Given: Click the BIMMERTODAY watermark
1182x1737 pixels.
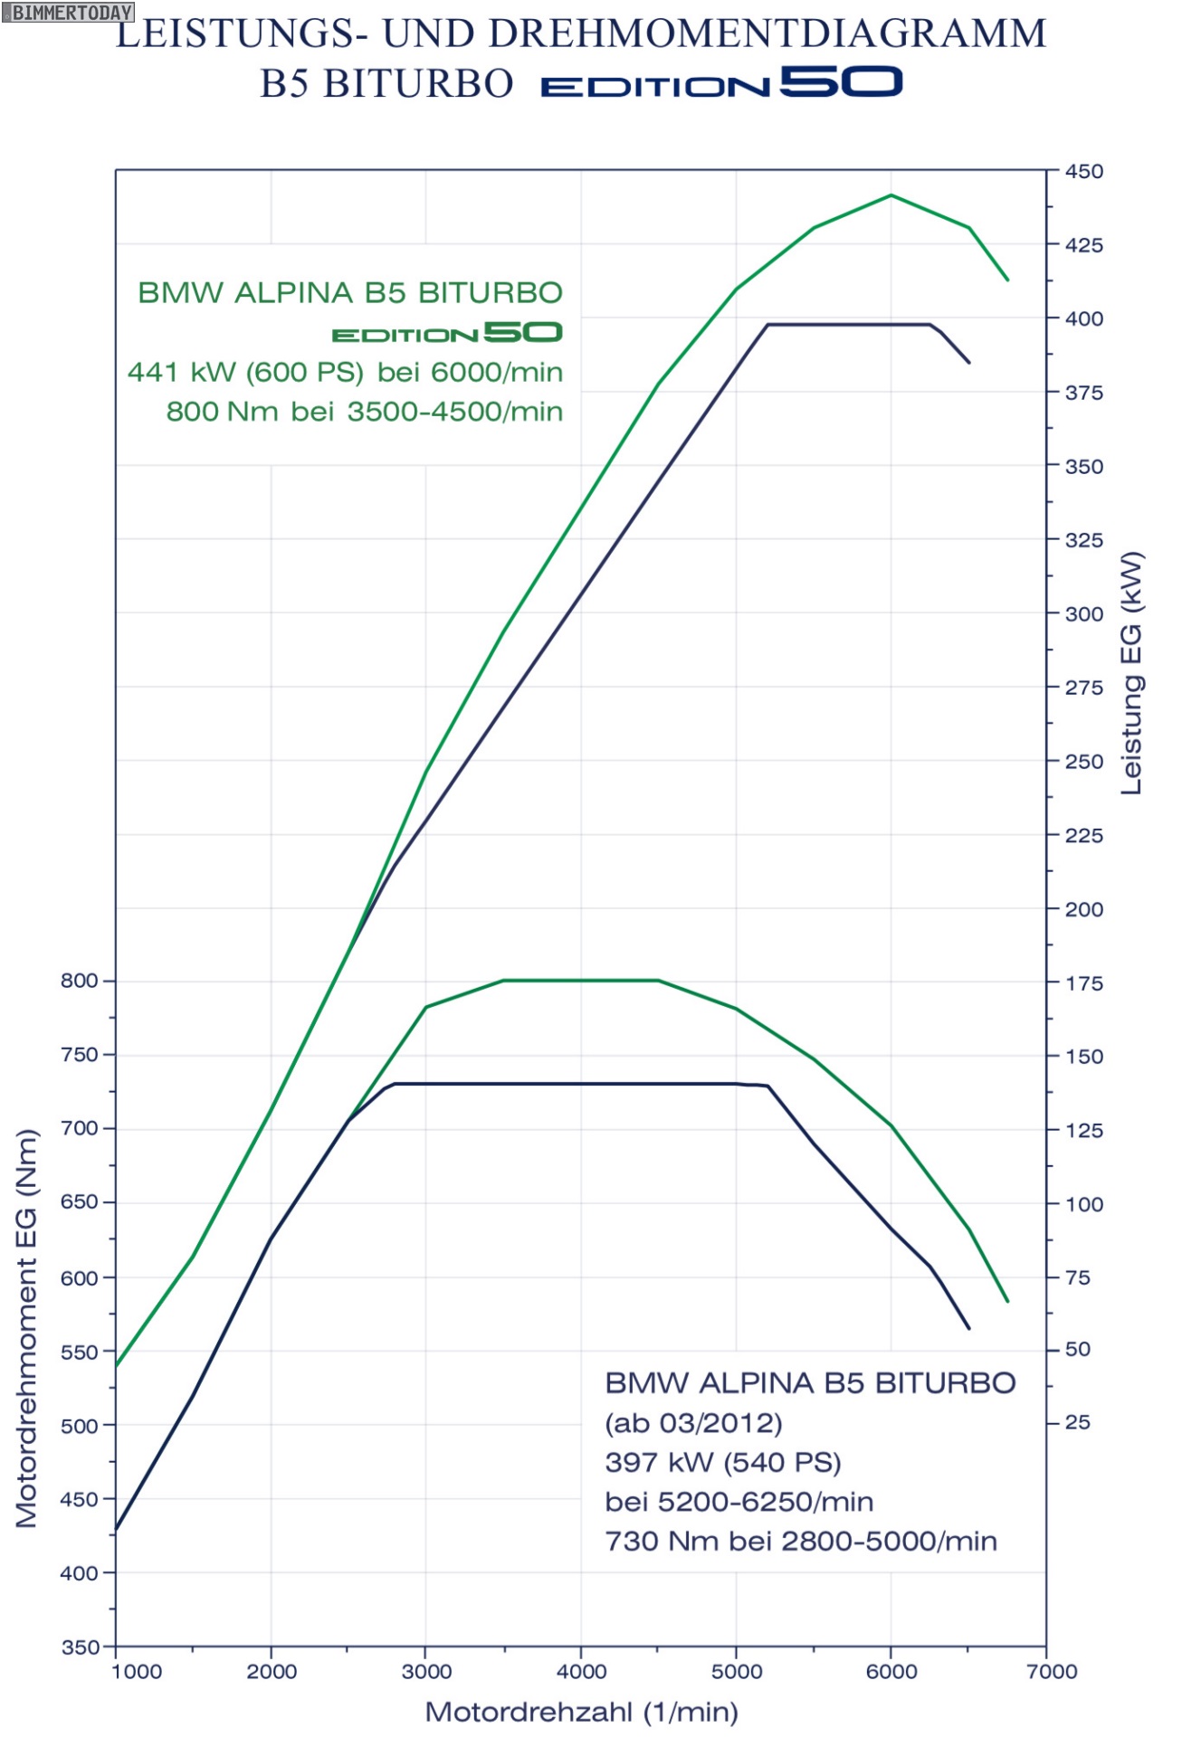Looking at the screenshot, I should pyautogui.click(x=68, y=13).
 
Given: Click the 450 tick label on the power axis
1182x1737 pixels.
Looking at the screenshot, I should pyautogui.click(x=1083, y=171).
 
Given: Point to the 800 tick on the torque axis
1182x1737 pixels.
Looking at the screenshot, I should pyautogui.click(x=80, y=981).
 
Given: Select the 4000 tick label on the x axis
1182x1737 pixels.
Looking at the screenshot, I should pyautogui.click(x=581, y=1671).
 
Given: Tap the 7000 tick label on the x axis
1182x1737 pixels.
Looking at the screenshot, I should pyautogui.click(x=1052, y=1671).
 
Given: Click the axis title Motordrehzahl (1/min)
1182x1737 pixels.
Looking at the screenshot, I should pyautogui.click(x=581, y=1712).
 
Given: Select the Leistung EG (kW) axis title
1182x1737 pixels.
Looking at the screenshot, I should pyautogui.click(x=1131, y=673).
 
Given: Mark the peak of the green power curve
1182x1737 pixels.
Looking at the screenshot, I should pyautogui.click(x=891, y=195).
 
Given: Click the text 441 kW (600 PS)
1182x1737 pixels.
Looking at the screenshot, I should pyautogui.click(x=245, y=372).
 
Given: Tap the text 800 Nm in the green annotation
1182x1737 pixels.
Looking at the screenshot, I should pyautogui.click(x=222, y=412).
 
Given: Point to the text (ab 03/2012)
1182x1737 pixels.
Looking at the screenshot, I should pyautogui.click(x=693, y=1423).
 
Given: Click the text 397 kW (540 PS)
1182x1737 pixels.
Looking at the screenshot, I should pyautogui.click(x=723, y=1462).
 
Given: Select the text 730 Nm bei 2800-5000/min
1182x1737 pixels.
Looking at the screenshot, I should pyautogui.click(x=801, y=1541).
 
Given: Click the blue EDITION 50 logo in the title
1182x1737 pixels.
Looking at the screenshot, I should pyautogui.click(x=721, y=83).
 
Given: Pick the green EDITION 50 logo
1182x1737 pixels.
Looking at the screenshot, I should pyautogui.click(x=447, y=333).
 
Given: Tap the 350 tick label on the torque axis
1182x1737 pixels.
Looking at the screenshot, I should pyautogui.click(x=80, y=1647).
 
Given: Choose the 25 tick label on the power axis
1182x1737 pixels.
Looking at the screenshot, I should pyautogui.click(x=1077, y=1422).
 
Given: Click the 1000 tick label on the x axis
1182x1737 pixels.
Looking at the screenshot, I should pyautogui.click(x=136, y=1671).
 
